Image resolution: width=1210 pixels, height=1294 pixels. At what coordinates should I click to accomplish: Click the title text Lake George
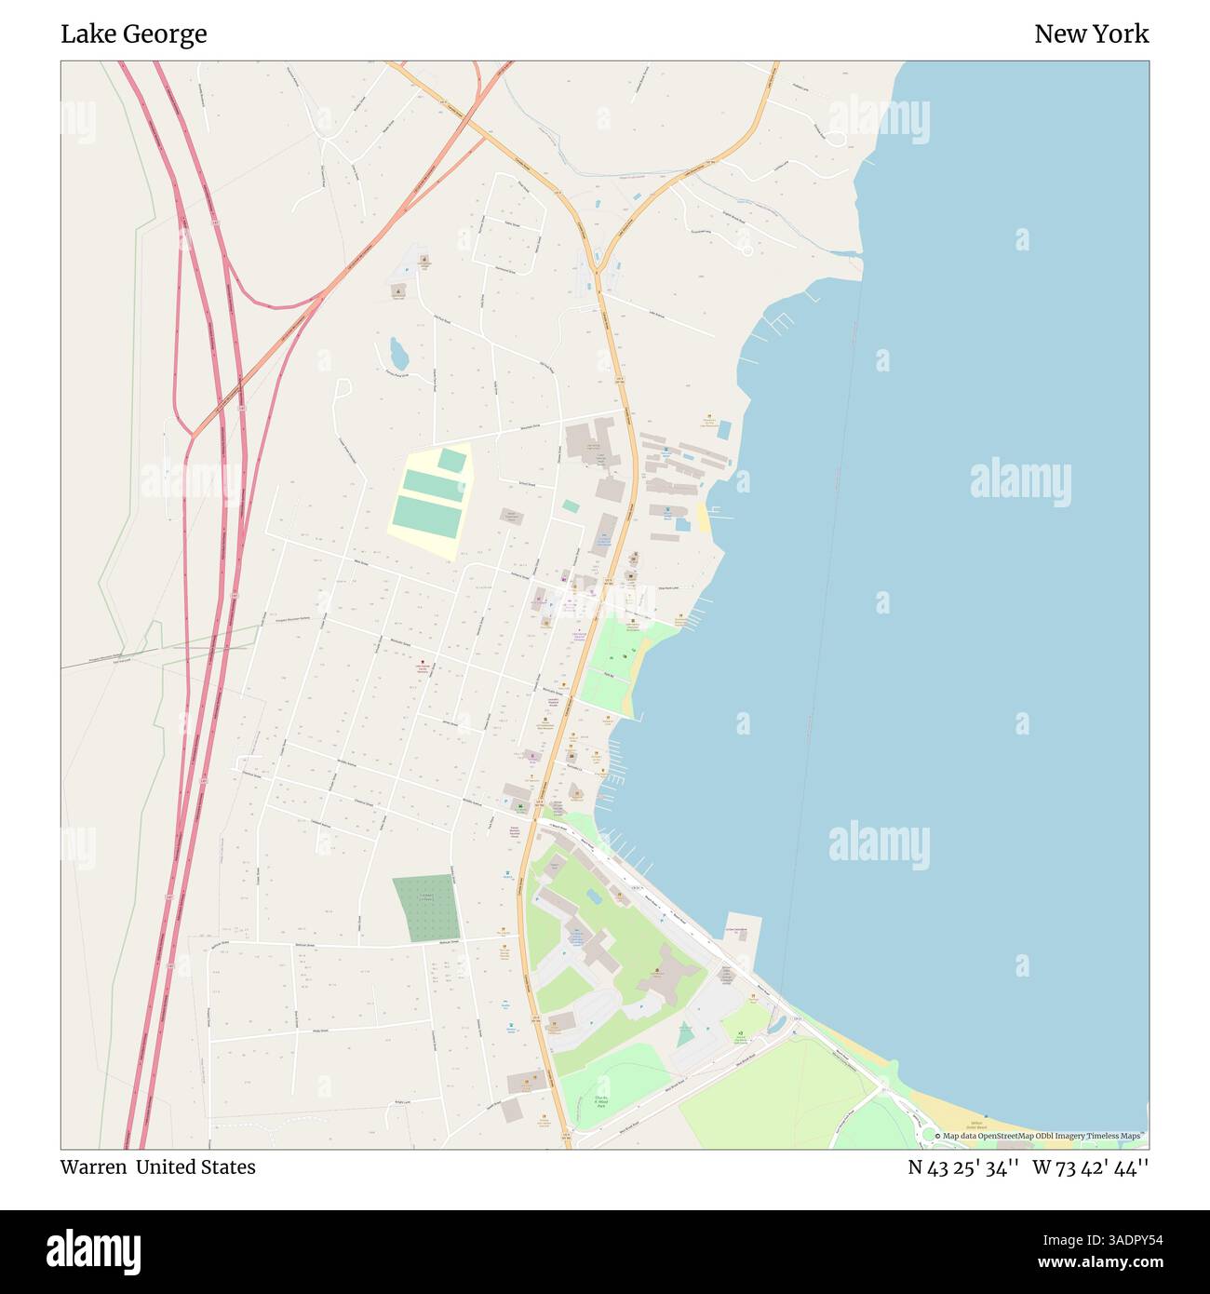coord(134,34)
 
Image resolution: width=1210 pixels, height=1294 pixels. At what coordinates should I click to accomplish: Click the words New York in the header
coord(1091,34)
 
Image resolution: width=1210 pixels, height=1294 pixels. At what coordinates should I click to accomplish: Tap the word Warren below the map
coord(93,1167)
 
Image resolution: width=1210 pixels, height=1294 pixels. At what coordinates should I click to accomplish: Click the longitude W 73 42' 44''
coord(1090,1167)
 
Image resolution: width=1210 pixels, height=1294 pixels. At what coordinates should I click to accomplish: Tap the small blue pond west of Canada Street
coord(398,354)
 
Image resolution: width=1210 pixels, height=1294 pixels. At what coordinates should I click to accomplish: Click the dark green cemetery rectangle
coord(426,908)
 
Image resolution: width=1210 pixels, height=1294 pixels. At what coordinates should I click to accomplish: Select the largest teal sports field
coord(427,516)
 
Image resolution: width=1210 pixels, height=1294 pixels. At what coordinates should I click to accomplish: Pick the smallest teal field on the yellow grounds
coord(452,460)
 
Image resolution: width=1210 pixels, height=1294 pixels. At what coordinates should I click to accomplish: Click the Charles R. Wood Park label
coord(601,1102)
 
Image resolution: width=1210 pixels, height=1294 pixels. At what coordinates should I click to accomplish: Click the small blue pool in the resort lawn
coord(594,896)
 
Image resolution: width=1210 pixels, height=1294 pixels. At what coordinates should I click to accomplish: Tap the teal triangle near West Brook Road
coord(686,1033)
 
